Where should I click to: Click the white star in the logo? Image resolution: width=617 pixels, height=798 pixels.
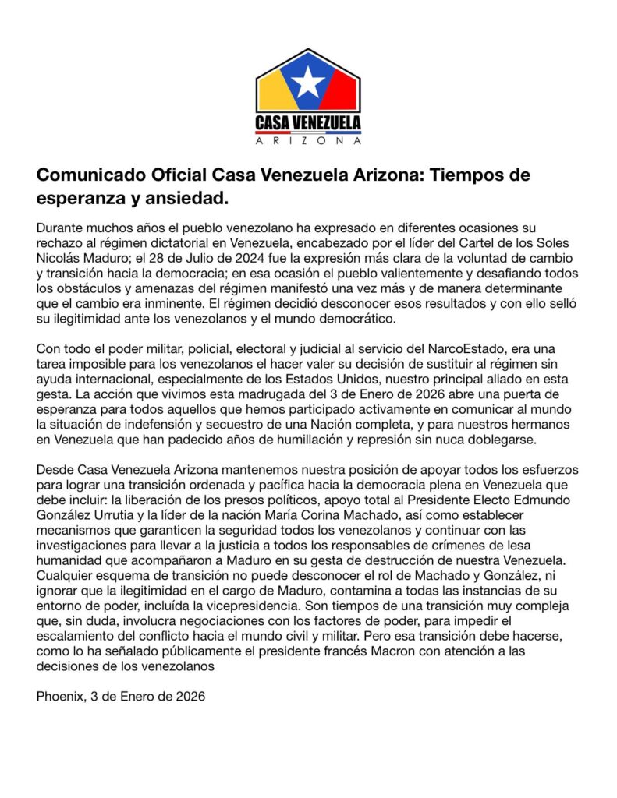(309, 82)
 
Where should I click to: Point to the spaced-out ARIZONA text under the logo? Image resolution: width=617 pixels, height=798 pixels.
(309, 141)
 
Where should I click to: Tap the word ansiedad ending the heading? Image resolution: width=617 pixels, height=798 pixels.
(189, 199)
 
